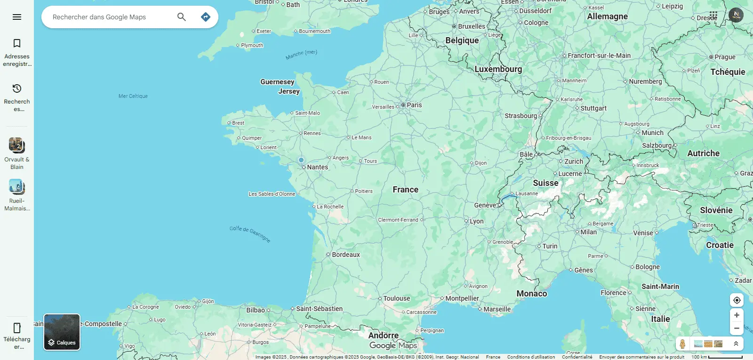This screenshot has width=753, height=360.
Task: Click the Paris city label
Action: [414, 105]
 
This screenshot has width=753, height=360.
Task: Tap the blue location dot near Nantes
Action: [301, 160]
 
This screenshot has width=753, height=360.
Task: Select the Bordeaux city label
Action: [345, 255]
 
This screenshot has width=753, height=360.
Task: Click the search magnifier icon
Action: [182, 17]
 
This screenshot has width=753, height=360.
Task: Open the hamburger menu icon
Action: [17, 17]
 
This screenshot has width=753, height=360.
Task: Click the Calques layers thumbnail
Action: [62, 332]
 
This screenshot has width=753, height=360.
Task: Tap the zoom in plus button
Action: [737, 315]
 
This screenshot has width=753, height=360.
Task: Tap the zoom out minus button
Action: [737, 328]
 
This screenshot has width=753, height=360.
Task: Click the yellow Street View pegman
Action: [682, 344]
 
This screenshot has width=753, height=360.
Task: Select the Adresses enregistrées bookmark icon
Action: [17, 44]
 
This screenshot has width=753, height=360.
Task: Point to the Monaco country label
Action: [532, 294]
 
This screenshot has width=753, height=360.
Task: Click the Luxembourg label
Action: [498, 69]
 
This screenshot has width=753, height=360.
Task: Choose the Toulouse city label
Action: [396, 298]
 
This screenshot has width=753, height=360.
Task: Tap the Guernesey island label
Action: [277, 82]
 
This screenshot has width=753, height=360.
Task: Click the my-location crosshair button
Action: [737, 300]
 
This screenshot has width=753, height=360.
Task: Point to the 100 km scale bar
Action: [725, 357]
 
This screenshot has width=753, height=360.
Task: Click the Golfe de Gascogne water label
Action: [250, 233]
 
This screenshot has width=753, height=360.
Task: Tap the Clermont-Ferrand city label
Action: [398, 220]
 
